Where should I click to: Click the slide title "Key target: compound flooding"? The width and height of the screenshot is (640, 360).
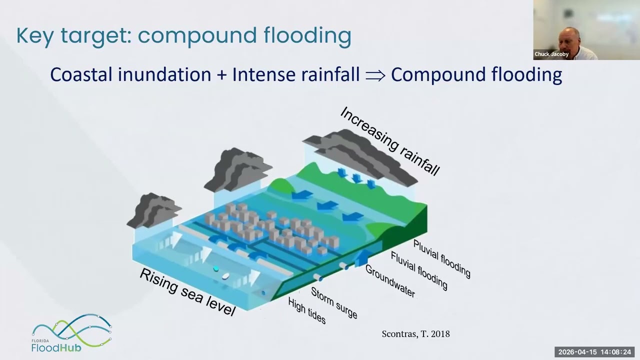[x=183, y=35]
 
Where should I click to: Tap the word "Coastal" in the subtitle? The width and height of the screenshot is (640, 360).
[x=81, y=74]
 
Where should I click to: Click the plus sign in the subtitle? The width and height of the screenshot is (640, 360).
[x=221, y=75]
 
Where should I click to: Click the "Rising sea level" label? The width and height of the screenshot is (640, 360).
[x=187, y=291]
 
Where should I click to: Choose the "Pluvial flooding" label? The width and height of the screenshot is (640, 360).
[x=441, y=258]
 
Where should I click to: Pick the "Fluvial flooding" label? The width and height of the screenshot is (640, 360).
[x=419, y=270]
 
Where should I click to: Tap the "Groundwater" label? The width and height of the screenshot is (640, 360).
[x=390, y=280]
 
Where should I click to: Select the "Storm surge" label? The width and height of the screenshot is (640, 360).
[x=334, y=302]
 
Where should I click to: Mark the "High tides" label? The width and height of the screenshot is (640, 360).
[x=307, y=310]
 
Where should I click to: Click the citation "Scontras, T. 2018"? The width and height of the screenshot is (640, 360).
[x=415, y=334]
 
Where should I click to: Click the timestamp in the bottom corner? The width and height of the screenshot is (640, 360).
[x=594, y=352]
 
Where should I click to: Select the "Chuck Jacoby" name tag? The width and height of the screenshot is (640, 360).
[x=551, y=54]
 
